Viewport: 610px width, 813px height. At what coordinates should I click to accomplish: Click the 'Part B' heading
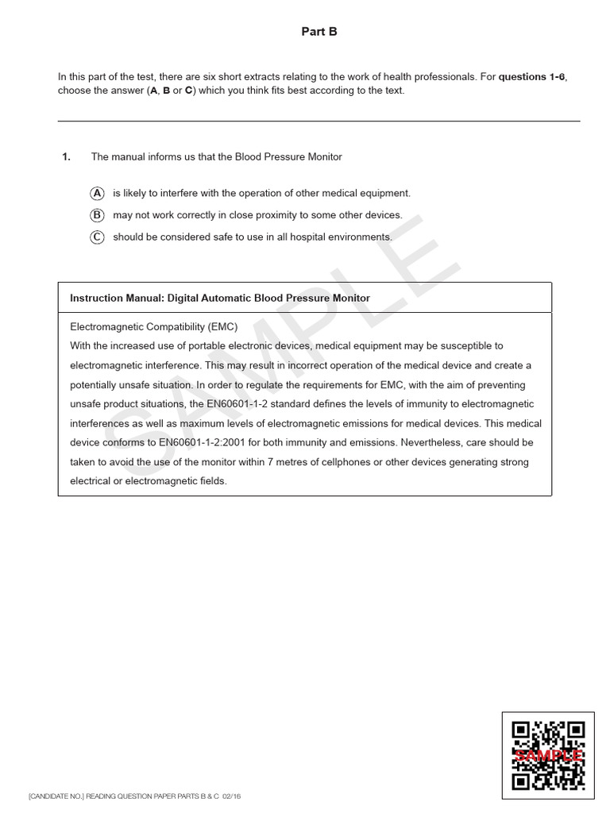(x=319, y=32)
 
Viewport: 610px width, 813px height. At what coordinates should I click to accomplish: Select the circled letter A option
(x=97, y=193)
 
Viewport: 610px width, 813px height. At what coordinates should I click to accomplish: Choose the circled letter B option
(x=97, y=215)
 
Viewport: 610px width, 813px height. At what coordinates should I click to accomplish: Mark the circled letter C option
(x=97, y=237)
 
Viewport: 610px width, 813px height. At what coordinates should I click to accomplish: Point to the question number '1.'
(x=66, y=157)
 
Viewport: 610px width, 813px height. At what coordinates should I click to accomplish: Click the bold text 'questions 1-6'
(x=531, y=77)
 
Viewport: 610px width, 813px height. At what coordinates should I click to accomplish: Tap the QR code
(x=548, y=755)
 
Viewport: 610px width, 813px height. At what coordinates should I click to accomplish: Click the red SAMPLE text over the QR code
(x=549, y=756)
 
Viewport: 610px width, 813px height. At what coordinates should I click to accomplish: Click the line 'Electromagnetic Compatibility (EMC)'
(x=153, y=326)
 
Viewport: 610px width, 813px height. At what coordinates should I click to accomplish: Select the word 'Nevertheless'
(x=434, y=442)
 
